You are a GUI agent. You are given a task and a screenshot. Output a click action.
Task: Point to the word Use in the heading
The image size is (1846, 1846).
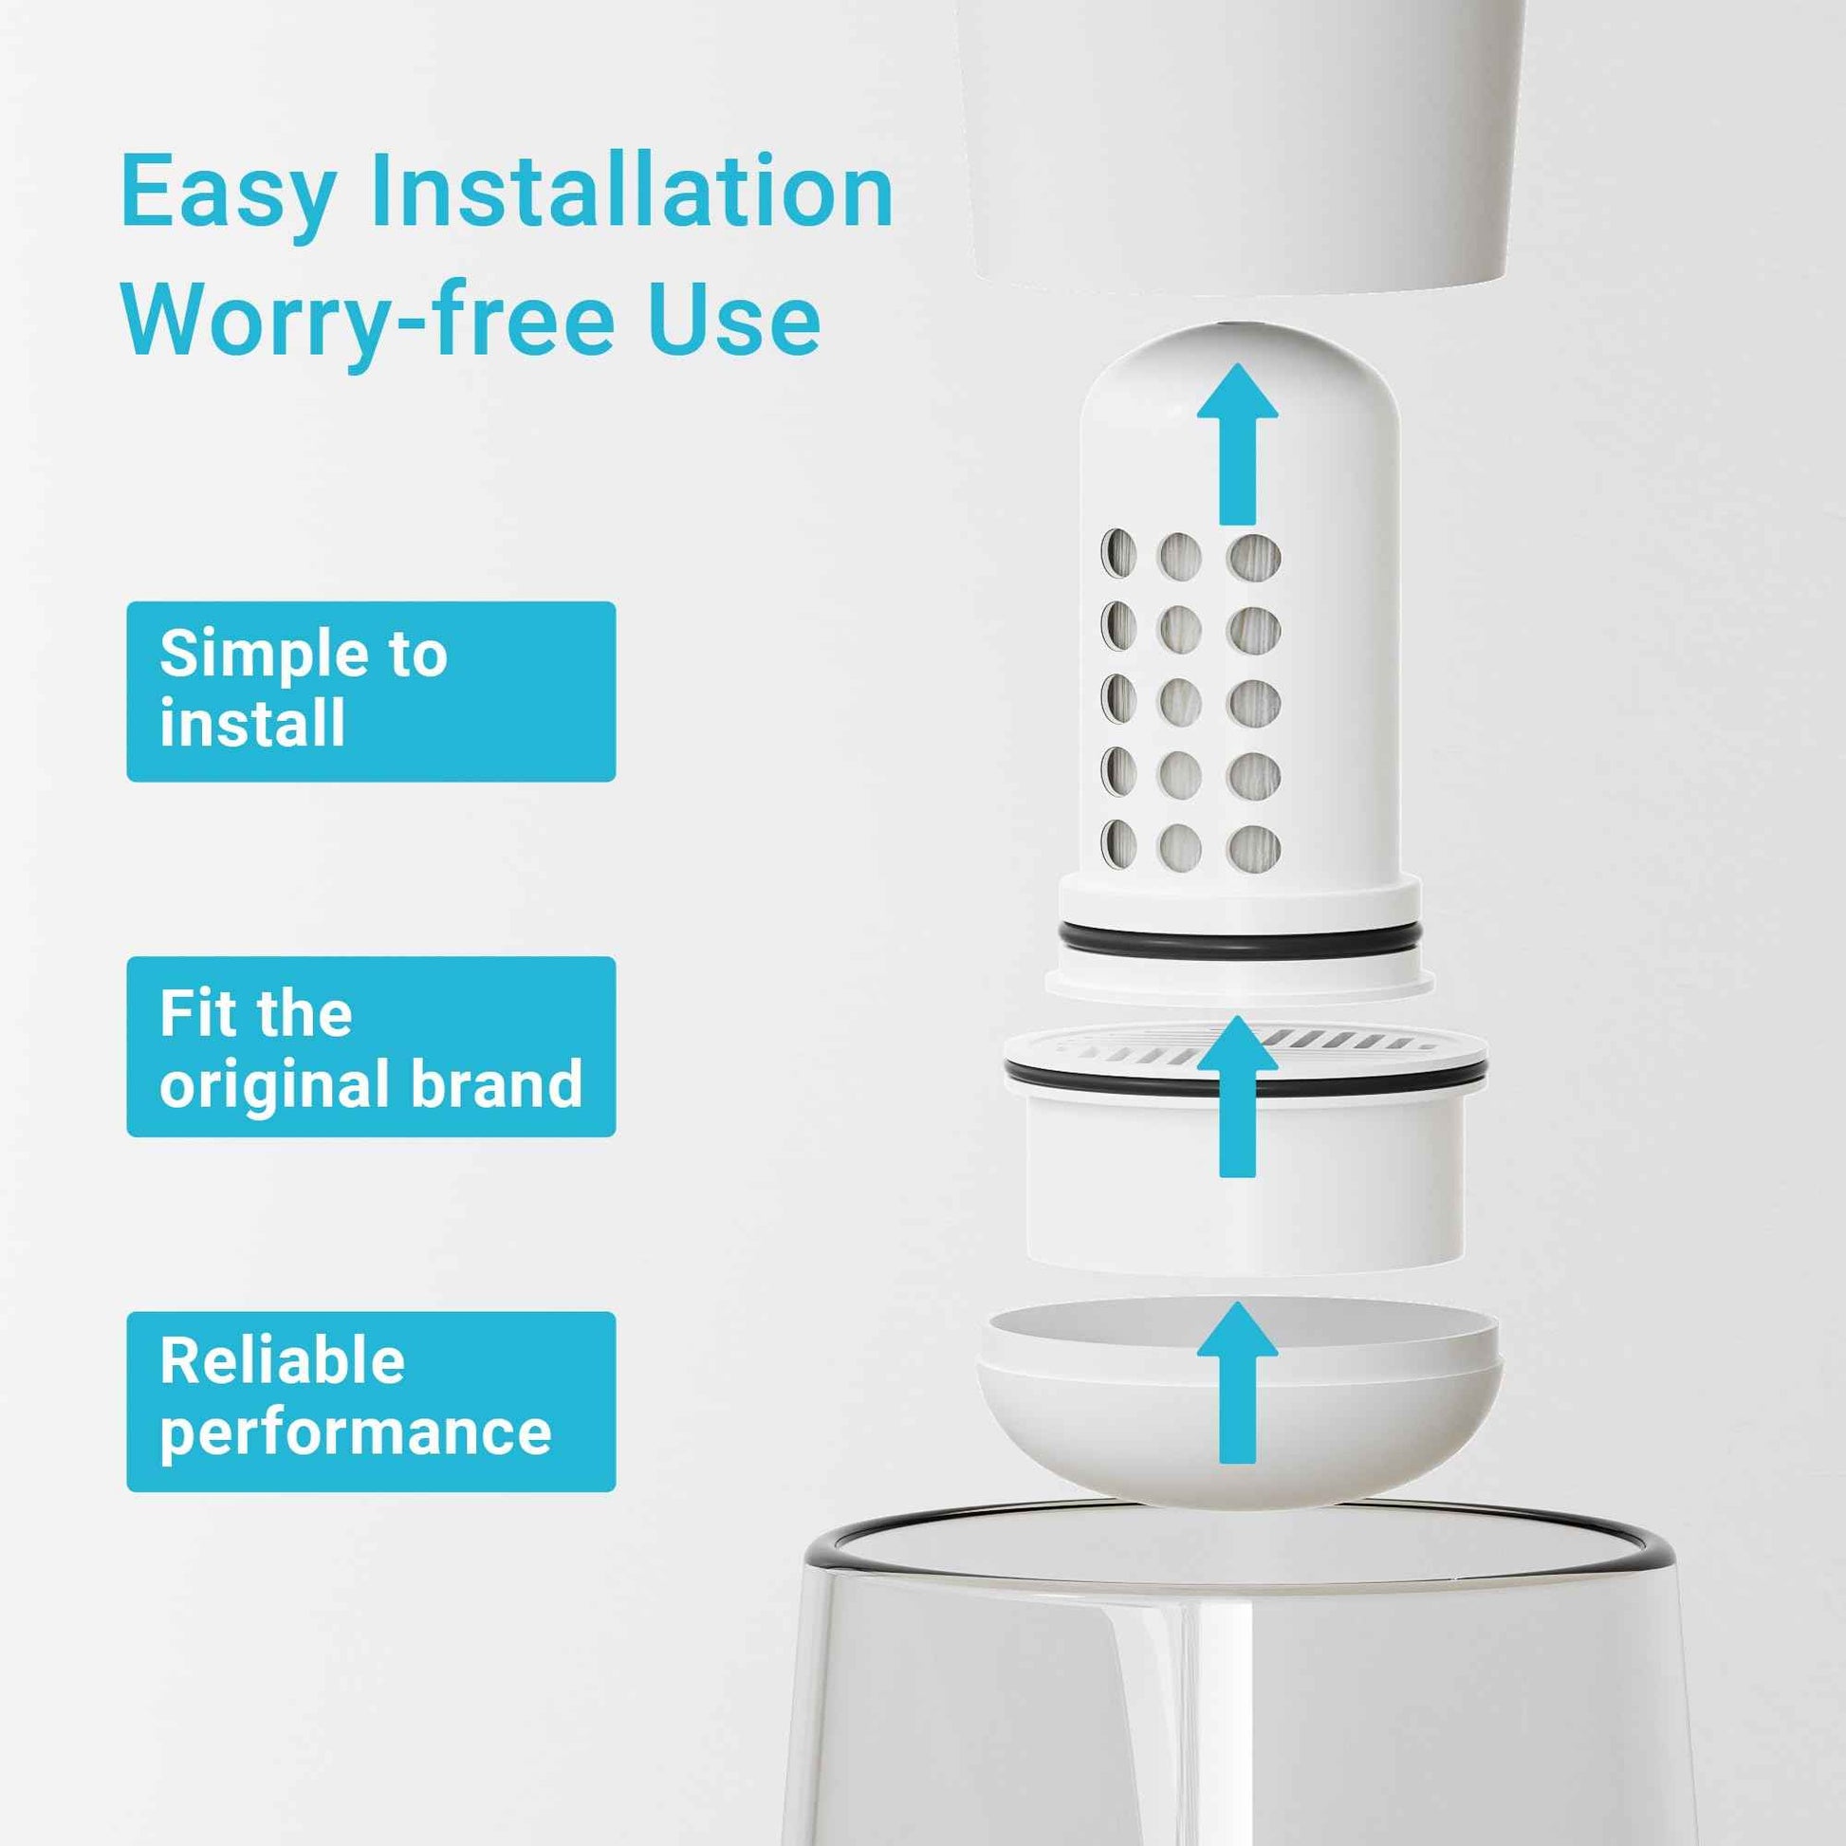[x=733, y=318]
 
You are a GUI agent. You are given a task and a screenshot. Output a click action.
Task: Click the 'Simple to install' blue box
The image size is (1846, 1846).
[x=371, y=691]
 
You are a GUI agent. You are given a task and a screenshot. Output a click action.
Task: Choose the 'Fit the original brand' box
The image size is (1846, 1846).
[x=371, y=1046]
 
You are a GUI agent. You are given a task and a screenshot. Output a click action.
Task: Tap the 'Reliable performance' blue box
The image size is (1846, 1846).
[x=371, y=1402]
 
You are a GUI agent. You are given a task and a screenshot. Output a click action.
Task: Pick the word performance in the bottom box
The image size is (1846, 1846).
[x=356, y=1433]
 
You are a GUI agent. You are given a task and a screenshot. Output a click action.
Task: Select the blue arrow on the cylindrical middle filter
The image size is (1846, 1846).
[x=1237, y=1098]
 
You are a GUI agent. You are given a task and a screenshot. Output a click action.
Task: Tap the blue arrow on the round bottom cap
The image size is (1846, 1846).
[x=1237, y=1386]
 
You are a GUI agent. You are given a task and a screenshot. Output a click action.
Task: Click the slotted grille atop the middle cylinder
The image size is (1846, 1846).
[x=1338, y=1042]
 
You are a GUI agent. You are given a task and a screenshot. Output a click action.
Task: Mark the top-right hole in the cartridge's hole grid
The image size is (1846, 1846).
[x=1254, y=557]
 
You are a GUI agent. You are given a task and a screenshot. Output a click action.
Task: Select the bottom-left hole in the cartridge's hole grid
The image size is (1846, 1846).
[x=1118, y=843]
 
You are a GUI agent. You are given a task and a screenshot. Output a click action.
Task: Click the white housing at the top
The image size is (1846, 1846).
[x=1242, y=143]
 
